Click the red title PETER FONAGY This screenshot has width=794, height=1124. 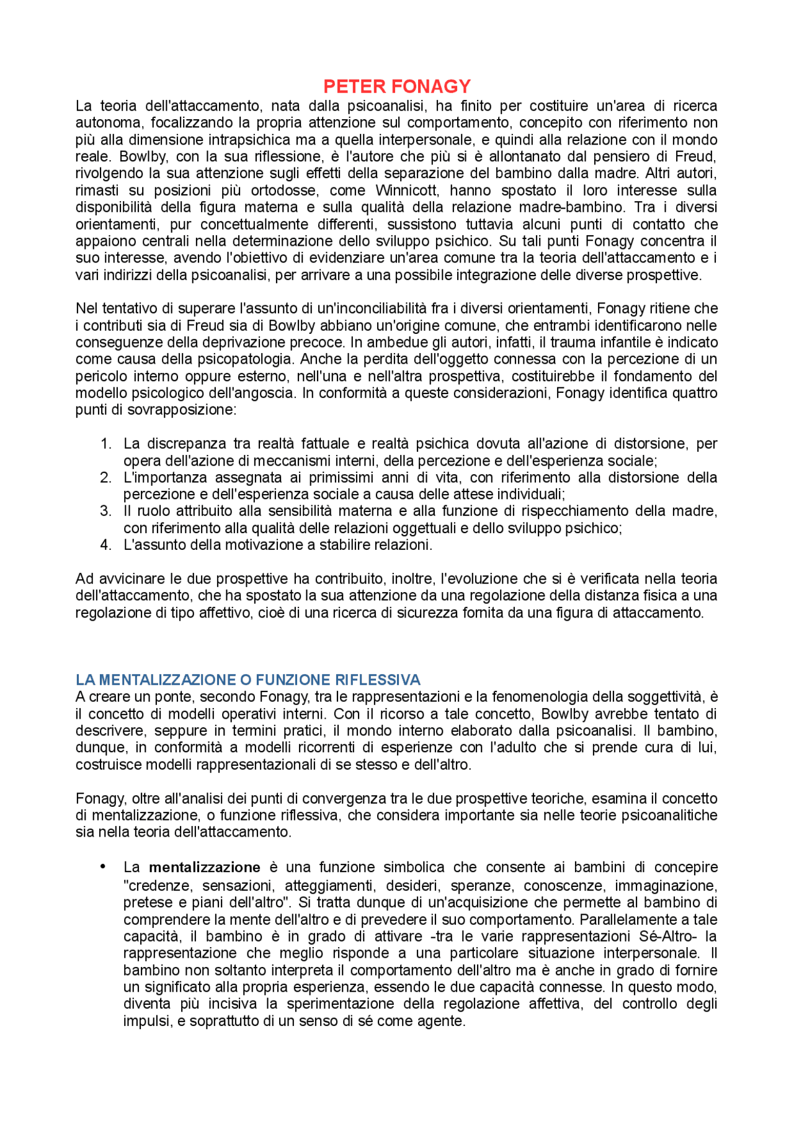tap(397, 86)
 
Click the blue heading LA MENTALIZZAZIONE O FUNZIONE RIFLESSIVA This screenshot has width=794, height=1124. tap(248, 680)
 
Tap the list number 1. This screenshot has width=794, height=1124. tap(105, 444)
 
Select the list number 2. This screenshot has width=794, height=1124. tap(105, 477)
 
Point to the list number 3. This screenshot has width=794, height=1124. tap(105, 511)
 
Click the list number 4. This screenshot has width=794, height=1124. tap(105, 545)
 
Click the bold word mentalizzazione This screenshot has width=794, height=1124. tap(204, 867)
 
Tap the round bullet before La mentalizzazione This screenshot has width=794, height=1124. tap(103, 866)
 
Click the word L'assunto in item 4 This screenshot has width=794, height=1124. tap(151, 545)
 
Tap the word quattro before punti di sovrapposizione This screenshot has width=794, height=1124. tap(693, 393)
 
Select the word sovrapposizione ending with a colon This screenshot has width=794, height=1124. tap(182, 410)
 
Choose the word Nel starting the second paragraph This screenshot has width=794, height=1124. tap(86, 308)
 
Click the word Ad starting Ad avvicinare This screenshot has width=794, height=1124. tap(84, 578)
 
